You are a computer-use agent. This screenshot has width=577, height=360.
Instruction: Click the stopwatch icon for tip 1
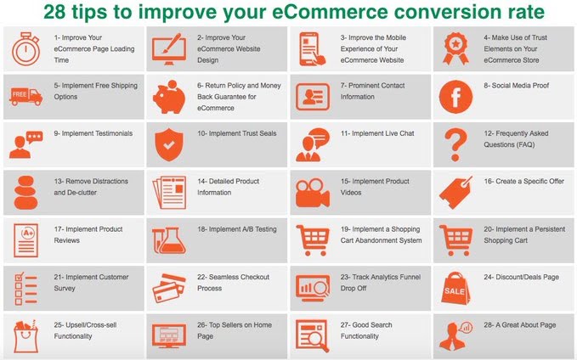[25, 49]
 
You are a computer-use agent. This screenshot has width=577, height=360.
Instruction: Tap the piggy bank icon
[169, 97]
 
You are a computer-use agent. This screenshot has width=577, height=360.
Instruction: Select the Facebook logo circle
[455, 97]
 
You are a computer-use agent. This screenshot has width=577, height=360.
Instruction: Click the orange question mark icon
[455, 145]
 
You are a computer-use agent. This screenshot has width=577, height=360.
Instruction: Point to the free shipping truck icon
[25, 97]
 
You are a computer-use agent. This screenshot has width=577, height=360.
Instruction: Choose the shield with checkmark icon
[169, 144]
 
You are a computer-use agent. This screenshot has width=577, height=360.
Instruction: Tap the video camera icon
[313, 193]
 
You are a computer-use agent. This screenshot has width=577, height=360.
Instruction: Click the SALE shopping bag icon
[455, 289]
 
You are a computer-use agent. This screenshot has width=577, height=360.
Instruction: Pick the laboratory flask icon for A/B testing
[169, 240]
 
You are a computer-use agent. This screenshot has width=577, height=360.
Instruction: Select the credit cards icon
[169, 289]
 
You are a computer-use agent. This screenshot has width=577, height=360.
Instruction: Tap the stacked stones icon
[25, 193]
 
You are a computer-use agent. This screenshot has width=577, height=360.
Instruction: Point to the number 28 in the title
[54, 12]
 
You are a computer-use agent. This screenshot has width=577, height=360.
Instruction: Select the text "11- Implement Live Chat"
[377, 133]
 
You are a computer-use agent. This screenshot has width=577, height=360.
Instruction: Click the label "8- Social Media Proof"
[517, 86]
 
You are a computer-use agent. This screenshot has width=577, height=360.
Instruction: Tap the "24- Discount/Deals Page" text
[521, 278]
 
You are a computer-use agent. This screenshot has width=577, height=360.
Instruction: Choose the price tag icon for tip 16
[455, 193]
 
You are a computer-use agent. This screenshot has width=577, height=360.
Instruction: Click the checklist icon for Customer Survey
[25, 289]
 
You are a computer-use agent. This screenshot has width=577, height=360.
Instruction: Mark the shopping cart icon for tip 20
[455, 240]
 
